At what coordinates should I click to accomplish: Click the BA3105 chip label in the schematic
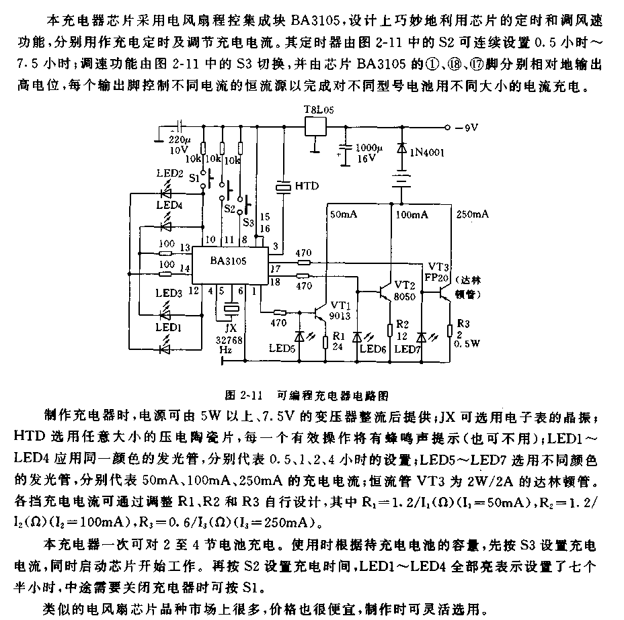(x=229, y=261)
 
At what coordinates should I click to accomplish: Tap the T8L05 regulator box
(x=315, y=127)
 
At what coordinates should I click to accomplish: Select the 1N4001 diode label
(x=427, y=152)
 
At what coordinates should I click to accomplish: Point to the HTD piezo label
(x=307, y=186)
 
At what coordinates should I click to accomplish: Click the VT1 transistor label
(x=341, y=305)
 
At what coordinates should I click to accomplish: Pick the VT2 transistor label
(x=405, y=285)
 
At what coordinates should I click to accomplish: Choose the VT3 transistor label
(x=438, y=267)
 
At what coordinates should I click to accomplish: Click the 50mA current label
(x=344, y=215)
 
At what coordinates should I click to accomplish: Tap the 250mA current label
(x=473, y=214)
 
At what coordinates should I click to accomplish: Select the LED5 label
(x=282, y=349)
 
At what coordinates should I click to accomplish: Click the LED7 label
(x=407, y=349)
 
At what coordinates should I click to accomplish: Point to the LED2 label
(x=169, y=173)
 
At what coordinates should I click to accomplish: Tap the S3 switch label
(x=248, y=222)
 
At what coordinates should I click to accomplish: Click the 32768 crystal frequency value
(x=229, y=340)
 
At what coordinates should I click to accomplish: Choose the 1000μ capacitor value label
(x=369, y=148)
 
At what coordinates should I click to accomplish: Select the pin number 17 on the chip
(x=276, y=269)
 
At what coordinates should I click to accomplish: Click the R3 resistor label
(x=463, y=324)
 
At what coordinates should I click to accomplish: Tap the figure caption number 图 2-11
(x=244, y=396)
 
